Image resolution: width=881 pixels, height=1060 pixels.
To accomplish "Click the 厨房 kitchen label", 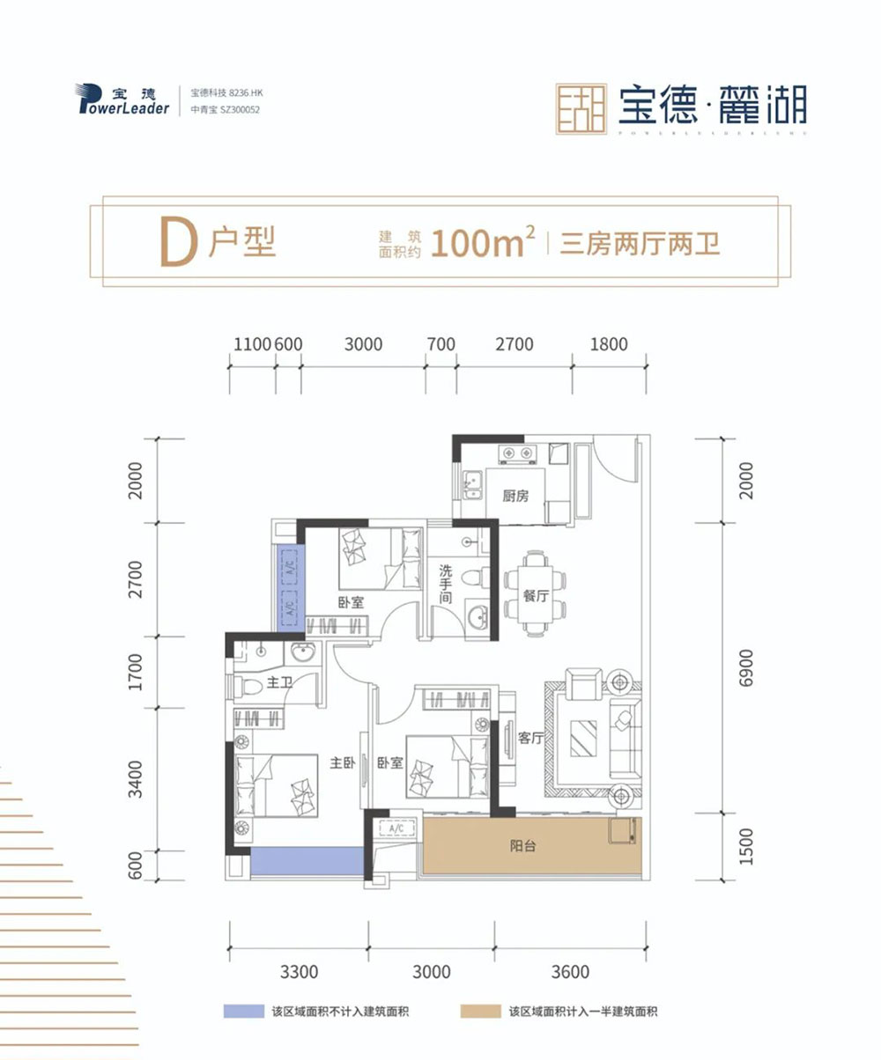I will pos(515,497).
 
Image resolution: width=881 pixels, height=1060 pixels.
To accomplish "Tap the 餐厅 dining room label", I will pos(536,597).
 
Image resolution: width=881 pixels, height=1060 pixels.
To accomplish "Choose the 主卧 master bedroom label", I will pos(342,763).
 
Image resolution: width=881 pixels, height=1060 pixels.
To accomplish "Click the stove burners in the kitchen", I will pos(516,454).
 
